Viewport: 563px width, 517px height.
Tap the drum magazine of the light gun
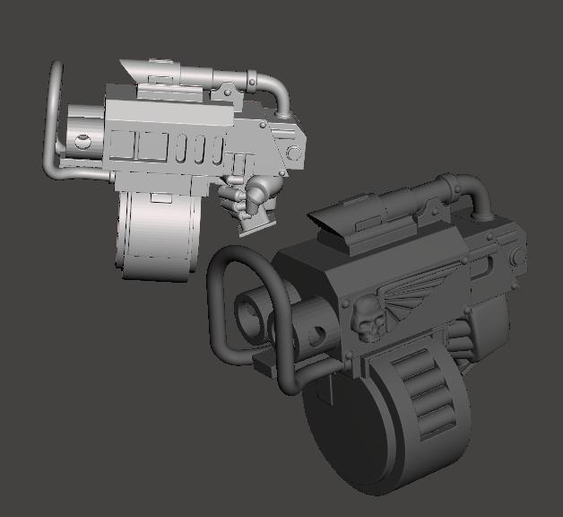152,238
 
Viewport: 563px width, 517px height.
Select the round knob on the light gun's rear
293,153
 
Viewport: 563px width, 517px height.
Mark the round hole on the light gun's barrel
82,140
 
